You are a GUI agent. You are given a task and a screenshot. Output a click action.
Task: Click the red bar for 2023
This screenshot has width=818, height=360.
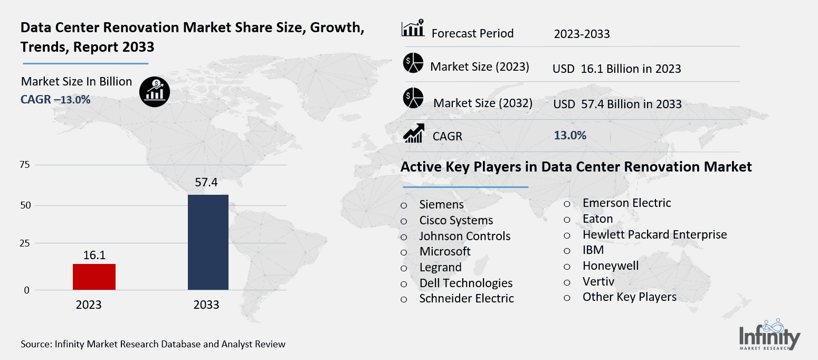pyautogui.click(x=94, y=277)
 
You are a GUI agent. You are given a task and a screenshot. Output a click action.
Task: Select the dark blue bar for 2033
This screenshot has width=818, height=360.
pyautogui.click(x=208, y=242)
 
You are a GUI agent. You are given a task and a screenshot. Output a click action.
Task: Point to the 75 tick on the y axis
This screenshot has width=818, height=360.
pyautogui.click(x=25, y=165)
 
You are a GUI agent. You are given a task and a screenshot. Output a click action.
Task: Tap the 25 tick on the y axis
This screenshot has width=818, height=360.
pyautogui.click(x=25, y=243)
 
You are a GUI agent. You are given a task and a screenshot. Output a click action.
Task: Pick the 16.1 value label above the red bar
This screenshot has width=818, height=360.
pyautogui.click(x=94, y=255)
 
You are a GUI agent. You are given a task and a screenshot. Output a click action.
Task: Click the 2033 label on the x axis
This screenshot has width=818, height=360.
pyautogui.click(x=206, y=305)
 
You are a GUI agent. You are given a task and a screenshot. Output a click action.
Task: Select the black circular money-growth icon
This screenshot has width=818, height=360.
pyautogui.click(x=155, y=92)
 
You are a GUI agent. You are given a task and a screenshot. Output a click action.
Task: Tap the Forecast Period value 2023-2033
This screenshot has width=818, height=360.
pyautogui.click(x=582, y=34)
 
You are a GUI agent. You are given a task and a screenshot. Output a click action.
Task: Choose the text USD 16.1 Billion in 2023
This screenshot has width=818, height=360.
pyautogui.click(x=616, y=69)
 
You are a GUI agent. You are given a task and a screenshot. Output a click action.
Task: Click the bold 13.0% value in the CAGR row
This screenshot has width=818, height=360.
pyautogui.click(x=570, y=135)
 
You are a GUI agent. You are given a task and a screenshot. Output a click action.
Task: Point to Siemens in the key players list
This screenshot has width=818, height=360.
pyautogui.click(x=441, y=205)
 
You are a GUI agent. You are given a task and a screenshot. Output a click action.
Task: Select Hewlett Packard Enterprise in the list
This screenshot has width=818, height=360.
pyautogui.click(x=654, y=234)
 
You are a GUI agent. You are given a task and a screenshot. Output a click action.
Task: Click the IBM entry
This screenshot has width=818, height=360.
pyautogui.click(x=593, y=250)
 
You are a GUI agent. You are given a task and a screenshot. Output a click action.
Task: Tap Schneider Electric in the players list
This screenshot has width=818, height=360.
pyautogui.click(x=466, y=298)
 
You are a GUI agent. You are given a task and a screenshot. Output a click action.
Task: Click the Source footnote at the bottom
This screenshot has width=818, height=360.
pyautogui.click(x=153, y=344)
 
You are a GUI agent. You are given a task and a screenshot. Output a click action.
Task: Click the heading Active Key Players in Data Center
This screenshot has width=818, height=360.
pyautogui.click(x=576, y=167)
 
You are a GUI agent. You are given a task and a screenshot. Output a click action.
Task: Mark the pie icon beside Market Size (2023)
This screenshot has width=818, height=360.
pyautogui.click(x=413, y=63)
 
